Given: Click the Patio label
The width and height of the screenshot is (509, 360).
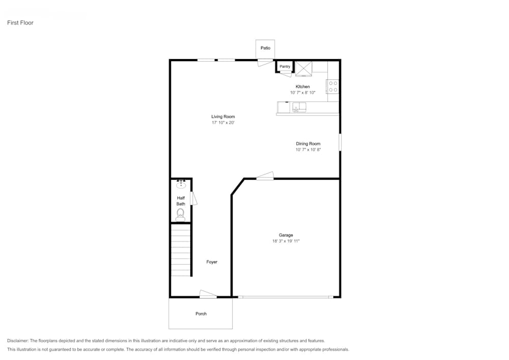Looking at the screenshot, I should (x=265, y=48).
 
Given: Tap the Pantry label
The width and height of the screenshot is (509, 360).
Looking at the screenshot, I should (x=285, y=67).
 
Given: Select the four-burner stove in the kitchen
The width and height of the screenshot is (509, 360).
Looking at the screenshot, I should (x=333, y=87).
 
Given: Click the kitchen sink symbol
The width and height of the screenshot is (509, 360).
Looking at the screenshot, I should (x=299, y=107).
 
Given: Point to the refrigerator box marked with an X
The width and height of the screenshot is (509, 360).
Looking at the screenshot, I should (x=304, y=68).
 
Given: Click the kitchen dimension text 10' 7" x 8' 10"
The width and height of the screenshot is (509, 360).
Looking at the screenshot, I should (x=302, y=93).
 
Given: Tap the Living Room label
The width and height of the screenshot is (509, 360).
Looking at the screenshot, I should (x=223, y=117).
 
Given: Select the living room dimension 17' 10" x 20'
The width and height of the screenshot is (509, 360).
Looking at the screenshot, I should (x=223, y=123).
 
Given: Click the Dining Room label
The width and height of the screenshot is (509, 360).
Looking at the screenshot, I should (x=308, y=144).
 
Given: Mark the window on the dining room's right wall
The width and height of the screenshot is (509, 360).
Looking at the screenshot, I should (x=340, y=142).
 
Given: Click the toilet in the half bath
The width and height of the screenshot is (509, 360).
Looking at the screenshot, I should (x=180, y=215).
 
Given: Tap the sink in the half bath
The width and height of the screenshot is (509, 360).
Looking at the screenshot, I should (x=181, y=184).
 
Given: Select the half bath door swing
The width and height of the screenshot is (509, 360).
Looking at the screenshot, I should (x=193, y=198).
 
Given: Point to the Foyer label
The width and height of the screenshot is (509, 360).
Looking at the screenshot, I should (x=212, y=262).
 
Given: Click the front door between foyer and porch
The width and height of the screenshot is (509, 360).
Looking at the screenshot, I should (x=208, y=294).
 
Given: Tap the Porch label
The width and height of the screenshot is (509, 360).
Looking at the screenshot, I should (x=201, y=314).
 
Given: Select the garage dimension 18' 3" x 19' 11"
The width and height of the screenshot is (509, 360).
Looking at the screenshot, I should (x=286, y=241).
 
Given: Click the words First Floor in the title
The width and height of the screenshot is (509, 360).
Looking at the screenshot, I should (x=20, y=23).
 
